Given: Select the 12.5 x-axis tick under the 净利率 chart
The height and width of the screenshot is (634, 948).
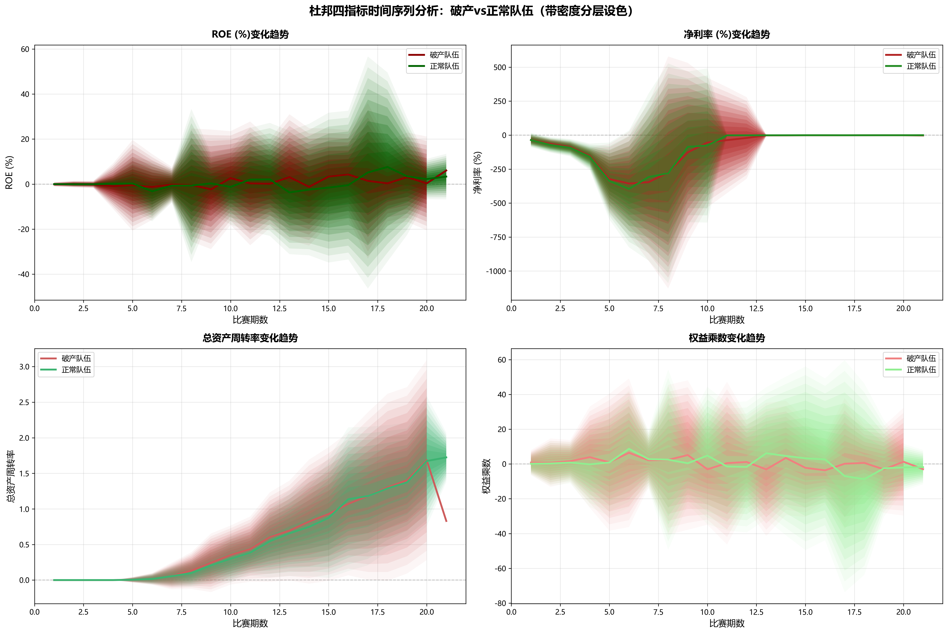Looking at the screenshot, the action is pyautogui.click(x=756, y=309).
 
